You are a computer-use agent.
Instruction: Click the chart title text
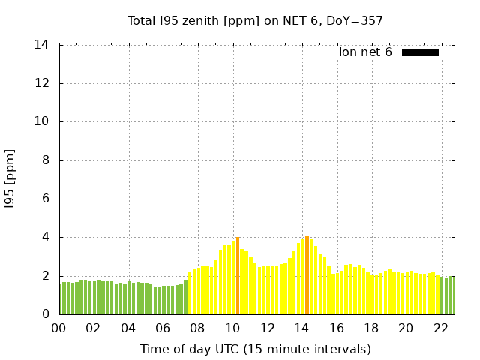coord(255,20)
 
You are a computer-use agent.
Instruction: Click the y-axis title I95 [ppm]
coord(10,179)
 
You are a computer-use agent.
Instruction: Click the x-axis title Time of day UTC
coord(255,349)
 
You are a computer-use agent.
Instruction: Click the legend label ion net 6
coord(365,52)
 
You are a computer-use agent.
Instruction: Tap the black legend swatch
coord(420,52)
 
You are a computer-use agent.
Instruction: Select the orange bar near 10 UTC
coord(238,276)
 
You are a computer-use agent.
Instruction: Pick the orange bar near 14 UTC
coord(307,274)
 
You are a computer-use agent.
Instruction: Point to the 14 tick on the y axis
coord(42,45)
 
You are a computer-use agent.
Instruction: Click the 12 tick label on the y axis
coord(42,83)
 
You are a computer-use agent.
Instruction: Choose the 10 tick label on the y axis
coord(42,121)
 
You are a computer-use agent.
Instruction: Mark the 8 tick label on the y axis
coord(45,160)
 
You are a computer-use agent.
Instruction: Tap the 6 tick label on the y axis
coord(45,199)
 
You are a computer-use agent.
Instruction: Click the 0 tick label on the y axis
coord(45,314)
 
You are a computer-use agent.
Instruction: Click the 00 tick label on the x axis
coord(58,328)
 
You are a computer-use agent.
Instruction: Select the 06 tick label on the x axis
coord(163,328)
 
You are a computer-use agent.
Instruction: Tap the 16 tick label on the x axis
coord(336,328)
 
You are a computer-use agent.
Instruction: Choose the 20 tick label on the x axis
coord(406,328)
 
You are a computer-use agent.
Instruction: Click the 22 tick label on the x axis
coord(440,328)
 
